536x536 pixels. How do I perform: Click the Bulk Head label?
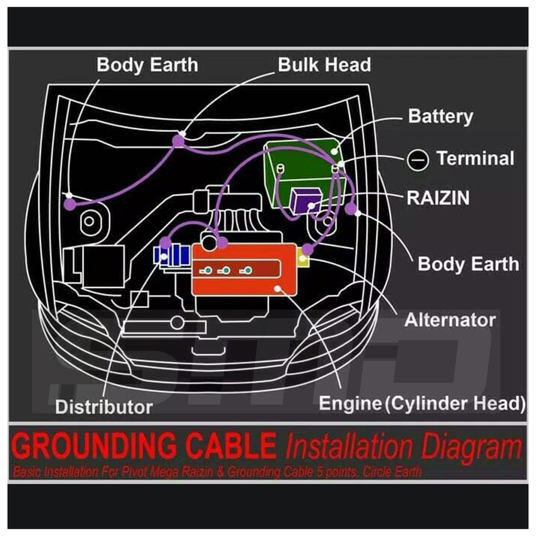(324, 65)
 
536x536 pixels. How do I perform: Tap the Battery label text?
(440, 116)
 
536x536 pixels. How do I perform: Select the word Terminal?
(475, 158)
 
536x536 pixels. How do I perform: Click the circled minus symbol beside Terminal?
(418, 159)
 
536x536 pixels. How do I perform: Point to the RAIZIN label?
(438, 198)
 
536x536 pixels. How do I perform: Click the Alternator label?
(450, 319)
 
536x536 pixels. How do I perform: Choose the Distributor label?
(104, 406)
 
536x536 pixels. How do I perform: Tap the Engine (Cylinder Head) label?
(422, 404)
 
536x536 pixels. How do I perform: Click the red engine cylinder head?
(243, 270)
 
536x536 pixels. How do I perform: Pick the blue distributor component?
(172, 255)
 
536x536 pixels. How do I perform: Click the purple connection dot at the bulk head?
(178, 140)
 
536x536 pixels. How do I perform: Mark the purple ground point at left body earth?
(70, 204)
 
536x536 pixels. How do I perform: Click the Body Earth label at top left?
(147, 65)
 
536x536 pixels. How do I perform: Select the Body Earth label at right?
(468, 264)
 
